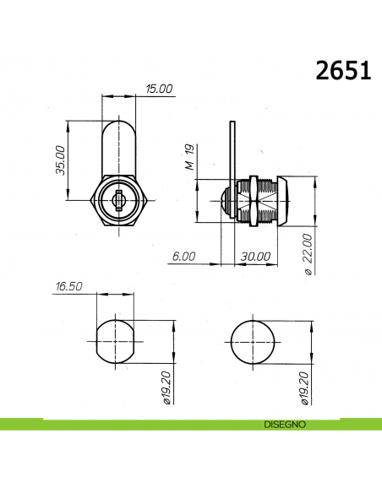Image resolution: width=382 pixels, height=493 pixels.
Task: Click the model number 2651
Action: pos(344,71)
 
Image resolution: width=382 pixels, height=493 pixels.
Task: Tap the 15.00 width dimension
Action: pos(159,89)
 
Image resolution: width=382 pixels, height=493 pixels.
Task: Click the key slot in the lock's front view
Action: pos(119,199)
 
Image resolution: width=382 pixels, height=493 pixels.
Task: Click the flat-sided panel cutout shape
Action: pos(114,341)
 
